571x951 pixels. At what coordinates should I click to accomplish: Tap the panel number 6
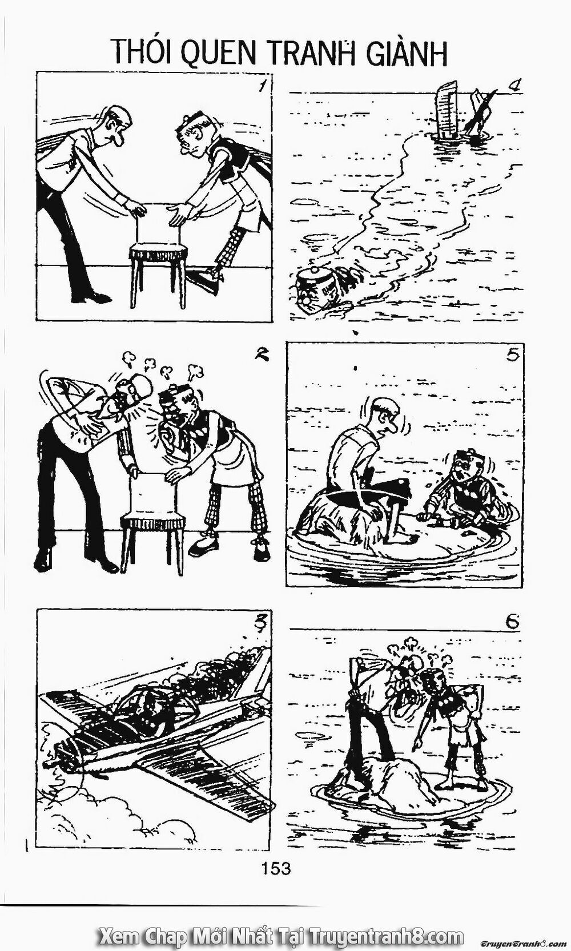pos(512,622)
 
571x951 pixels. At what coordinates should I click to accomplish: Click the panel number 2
pos(260,353)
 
